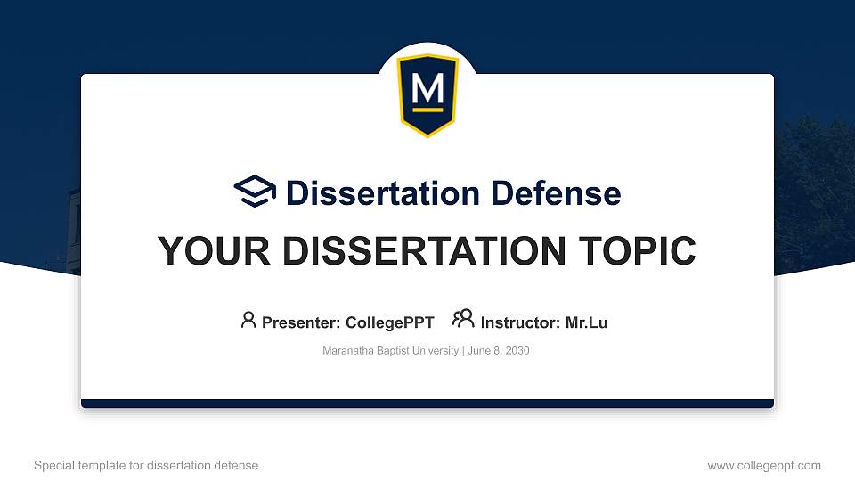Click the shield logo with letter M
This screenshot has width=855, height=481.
pos(427,94)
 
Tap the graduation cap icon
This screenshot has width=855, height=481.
pos(255,192)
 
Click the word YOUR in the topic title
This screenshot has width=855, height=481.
pos(201,251)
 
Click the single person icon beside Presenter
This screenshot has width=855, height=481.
pos(248,321)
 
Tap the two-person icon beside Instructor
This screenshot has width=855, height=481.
pos(463,320)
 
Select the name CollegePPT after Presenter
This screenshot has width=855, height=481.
pos(389,322)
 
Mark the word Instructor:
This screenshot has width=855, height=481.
pos(520,322)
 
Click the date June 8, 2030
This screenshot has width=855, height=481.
pos(498,351)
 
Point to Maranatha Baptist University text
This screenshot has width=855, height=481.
pos(390,351)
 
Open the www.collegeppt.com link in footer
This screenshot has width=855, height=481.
pos(763,465)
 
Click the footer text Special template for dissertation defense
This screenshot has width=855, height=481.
pos(146,465)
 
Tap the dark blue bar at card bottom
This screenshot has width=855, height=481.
pos(427,404)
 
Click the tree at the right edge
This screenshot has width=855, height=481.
pos(815,178)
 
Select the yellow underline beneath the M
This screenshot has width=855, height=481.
pos(427,110)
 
